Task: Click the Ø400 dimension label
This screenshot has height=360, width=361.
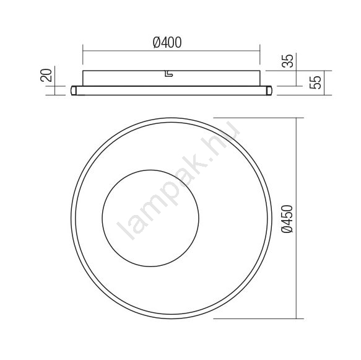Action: tap(167, 43)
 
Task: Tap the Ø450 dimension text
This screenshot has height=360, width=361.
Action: tap(287, 219)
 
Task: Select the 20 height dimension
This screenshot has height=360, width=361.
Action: tap(46, 75)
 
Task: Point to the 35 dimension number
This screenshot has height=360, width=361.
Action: tap(287, 61)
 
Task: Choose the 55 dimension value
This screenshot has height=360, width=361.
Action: tap(315, 82)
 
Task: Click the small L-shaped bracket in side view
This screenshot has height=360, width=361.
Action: tap(169, 74)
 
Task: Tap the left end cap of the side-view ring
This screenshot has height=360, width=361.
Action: tap(74, 90)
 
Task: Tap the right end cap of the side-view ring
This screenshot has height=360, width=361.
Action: tap(269, 90)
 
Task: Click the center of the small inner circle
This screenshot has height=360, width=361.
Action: tap(150, 218)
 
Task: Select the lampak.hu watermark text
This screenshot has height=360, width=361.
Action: tap(179, 180)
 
